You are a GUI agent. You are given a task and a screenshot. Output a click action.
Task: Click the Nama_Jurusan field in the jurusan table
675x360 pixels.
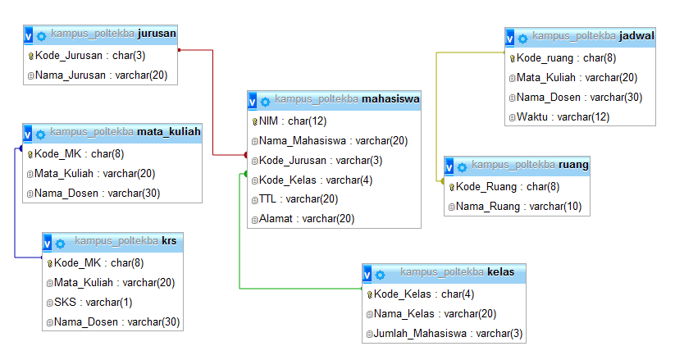pyautogui.click(x=101, y=75)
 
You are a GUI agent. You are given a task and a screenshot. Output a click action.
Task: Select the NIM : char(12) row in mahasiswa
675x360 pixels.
pyautogui.click(x=291, y=121)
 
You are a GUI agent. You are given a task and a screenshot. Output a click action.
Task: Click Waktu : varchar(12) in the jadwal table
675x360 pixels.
pyautogui.click(x=562, y=116)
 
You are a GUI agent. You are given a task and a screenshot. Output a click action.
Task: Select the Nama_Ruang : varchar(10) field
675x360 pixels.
pyautogui.click(x=518, y=206)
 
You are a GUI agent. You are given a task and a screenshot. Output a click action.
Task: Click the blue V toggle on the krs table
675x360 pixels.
pyautogui.click(x=48, y=242)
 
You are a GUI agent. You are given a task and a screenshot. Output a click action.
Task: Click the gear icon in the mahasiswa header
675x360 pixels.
pyautogui.click(x=265, y=102)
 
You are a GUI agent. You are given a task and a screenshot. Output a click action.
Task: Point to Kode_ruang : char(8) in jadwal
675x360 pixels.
pyautogui.click(x=566, y=58)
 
